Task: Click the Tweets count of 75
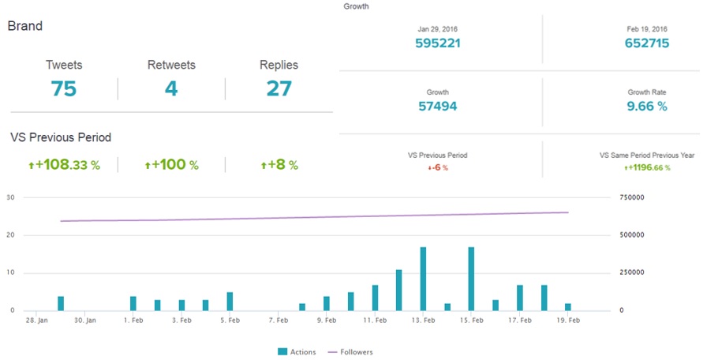[x=63, y=88]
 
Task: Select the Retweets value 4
[x=171, y=88]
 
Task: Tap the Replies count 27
[x=279, y=88]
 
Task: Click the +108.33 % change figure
[x=64, y=165]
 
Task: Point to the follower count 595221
[x=437, y=43]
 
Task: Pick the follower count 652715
[x=647, y=43]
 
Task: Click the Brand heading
[x=25, y=26]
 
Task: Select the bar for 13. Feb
[x=424, y=279]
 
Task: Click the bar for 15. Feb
[x=471, y=279]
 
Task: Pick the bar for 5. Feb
[x=230, y=302]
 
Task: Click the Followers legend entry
[x=351, y=352]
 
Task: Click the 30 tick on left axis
[x=10, y=197]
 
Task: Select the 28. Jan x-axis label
[x=36, y=321]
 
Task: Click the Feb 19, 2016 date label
[x=647, y=28]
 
